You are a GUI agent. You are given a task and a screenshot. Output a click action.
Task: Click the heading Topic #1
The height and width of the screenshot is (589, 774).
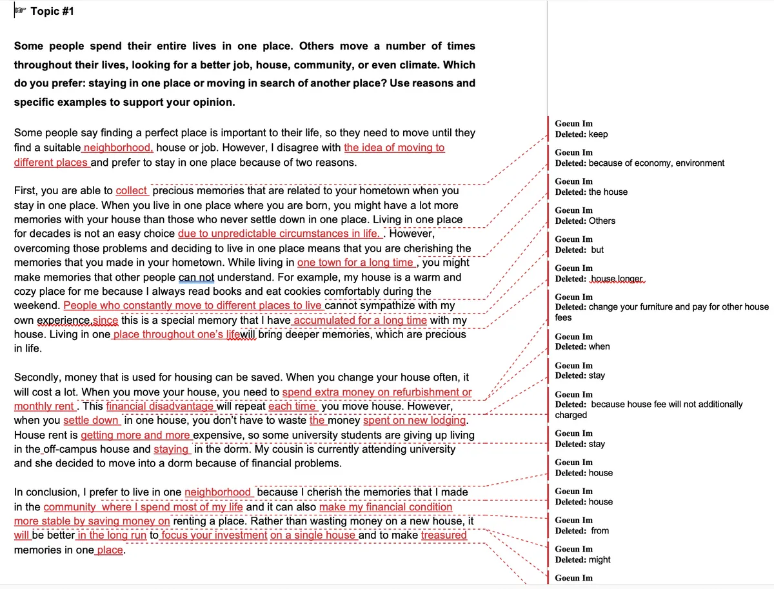pyautogui.click(x=52, y=11)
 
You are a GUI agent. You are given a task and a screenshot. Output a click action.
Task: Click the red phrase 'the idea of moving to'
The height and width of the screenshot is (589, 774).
pyautogui.click(x=394, y=148)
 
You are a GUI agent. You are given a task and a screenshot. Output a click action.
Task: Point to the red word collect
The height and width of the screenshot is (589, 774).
pyautogui.click(x=132, y=191)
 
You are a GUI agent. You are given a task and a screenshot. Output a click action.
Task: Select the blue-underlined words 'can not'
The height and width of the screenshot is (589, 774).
pyautogui.click(x=196, y=277)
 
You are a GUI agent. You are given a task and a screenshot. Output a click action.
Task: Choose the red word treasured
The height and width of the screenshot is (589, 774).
pyautogui.click(x=444, y=535)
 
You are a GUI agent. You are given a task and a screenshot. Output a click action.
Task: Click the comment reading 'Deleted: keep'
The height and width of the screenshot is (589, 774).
pyautogui.click(x=581, y=134)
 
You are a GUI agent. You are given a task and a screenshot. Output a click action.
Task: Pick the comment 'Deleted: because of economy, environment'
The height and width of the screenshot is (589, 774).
pyautogui.click(x=639, y=163)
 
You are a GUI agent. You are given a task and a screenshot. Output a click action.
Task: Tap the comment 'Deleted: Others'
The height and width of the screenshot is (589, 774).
pyautogui.click(x=585, y=221)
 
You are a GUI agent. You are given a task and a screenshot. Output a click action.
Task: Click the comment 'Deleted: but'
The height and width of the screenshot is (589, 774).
pyautogui.click(x=580, y=250)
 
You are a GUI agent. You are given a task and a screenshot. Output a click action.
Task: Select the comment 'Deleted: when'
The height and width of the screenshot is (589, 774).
pyautogui.click(x=582, y=346)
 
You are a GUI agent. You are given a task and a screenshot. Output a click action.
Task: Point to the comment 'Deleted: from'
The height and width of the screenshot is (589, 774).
pyautogui.click(x=582, y=531)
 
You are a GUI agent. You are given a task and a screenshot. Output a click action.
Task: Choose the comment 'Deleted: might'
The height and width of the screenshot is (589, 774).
pyautogui.click(x=582, y=560)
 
